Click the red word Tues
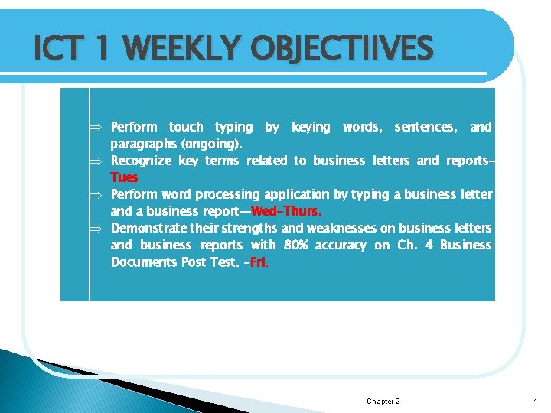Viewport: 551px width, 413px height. click(x=124, y=177)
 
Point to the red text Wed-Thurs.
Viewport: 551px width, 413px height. click(x=286, y=211)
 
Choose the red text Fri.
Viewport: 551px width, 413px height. click(x=259, y=262)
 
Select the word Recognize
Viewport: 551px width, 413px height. click(x=141, y=161)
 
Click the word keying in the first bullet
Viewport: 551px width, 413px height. click(x=311, y=127)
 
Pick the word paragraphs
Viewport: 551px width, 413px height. click(x=145, y=144)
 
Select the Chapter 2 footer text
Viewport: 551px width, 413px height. click(x=383, y=402)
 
